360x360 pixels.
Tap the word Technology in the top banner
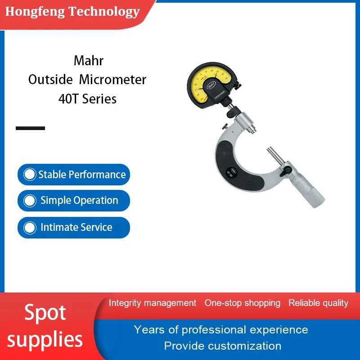click(x=104, y=12)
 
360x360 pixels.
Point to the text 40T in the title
click(x=68, y=99)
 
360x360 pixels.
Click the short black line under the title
click(x=30, y=128)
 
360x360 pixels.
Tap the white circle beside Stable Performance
click(x=30, y=175)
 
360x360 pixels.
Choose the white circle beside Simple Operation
click(x=30, y=201)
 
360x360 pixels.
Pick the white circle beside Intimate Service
click(x=30, y=228)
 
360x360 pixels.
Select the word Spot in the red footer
click(x=45, y=313)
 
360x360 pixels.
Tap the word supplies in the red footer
click(x=45, y=340)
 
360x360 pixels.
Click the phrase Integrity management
click(x=153, y=303)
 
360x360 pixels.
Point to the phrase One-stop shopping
click(x=243, y=303)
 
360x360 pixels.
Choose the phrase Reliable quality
click(x=319, y=303)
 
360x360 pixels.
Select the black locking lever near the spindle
click(x=285, y=171)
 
